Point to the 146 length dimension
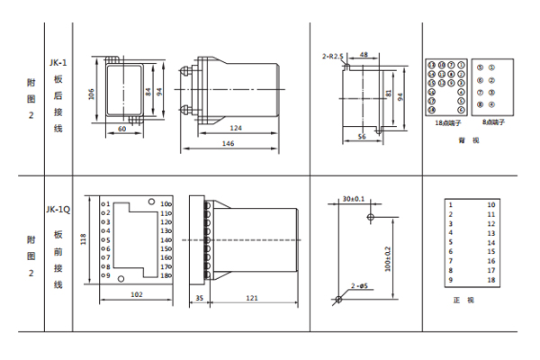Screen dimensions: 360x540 click(x=229, y=142)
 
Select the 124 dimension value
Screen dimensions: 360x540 click(x=236, y=127)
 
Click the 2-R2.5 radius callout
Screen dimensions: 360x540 click(x=335, y=56)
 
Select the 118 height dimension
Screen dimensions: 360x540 click(x=84, y=239)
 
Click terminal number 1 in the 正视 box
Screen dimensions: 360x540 click(x=450, y=205)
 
